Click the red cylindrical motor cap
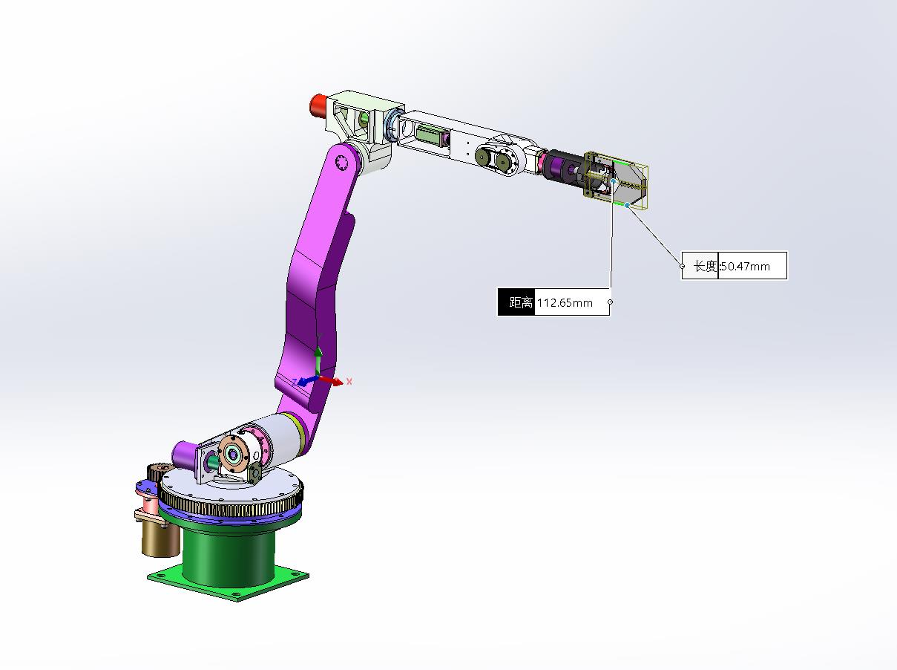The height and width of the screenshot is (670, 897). click(x=318, y=104)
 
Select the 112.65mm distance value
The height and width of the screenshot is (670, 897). click(x=565, y=302)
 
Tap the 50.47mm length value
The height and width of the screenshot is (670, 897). click(x=746, y=266)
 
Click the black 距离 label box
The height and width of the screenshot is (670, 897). click(x=516, y=302)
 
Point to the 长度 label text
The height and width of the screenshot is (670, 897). click(x=705, y=266)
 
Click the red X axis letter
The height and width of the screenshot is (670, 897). click(x=349, y=381)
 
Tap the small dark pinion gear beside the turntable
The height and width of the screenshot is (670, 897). click(x=157, y=472)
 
